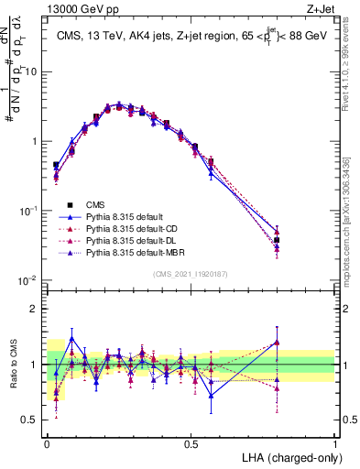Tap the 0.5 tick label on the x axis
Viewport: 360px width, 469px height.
[x=191, y=442]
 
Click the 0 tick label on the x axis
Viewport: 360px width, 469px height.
[x=48, y=442]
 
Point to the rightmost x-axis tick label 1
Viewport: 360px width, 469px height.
[x=334, y=442]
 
